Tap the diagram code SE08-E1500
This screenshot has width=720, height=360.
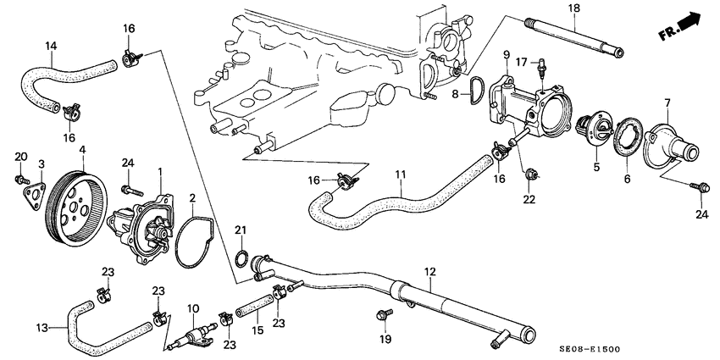coord(648,347)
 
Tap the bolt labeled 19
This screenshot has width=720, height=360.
coord(382,316)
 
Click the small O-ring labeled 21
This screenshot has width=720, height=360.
coord(241,258)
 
